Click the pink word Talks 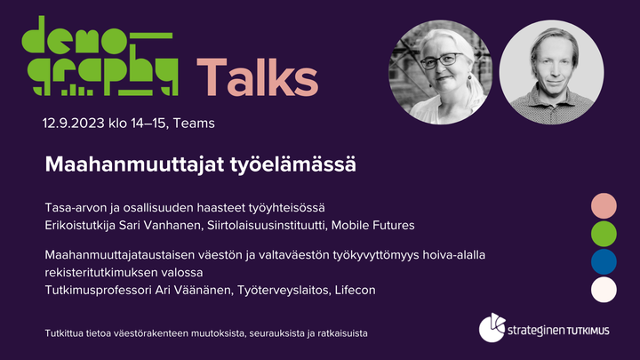click(257, 77)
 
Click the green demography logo click(100, 56)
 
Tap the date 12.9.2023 click(74, 124)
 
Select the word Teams click(194, 124)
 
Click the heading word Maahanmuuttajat click(135, 164)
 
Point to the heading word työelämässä click(293, 165)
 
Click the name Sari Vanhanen click(160, 225)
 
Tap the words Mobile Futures click(372, 225)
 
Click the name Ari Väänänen click(194, 290)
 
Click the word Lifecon click(355, 290)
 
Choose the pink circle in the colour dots click(604, 205)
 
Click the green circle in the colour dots click(604, 234)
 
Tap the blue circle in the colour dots click(604, 261)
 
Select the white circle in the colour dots click(604, 290)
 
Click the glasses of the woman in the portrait click(441, 60)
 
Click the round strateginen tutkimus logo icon click(492, 328)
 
